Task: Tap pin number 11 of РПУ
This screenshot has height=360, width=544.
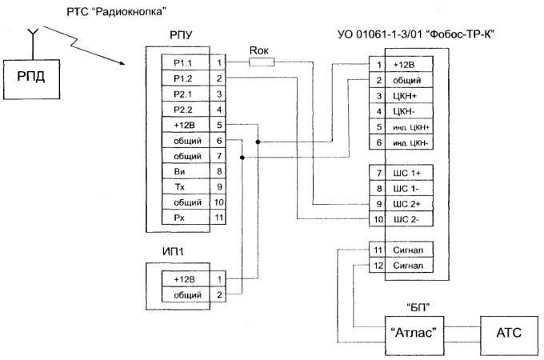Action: [x=218, y=217]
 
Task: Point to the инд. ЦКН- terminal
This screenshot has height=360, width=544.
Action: [x=408, y=142]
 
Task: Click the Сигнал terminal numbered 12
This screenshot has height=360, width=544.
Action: [x=407, y=265]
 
